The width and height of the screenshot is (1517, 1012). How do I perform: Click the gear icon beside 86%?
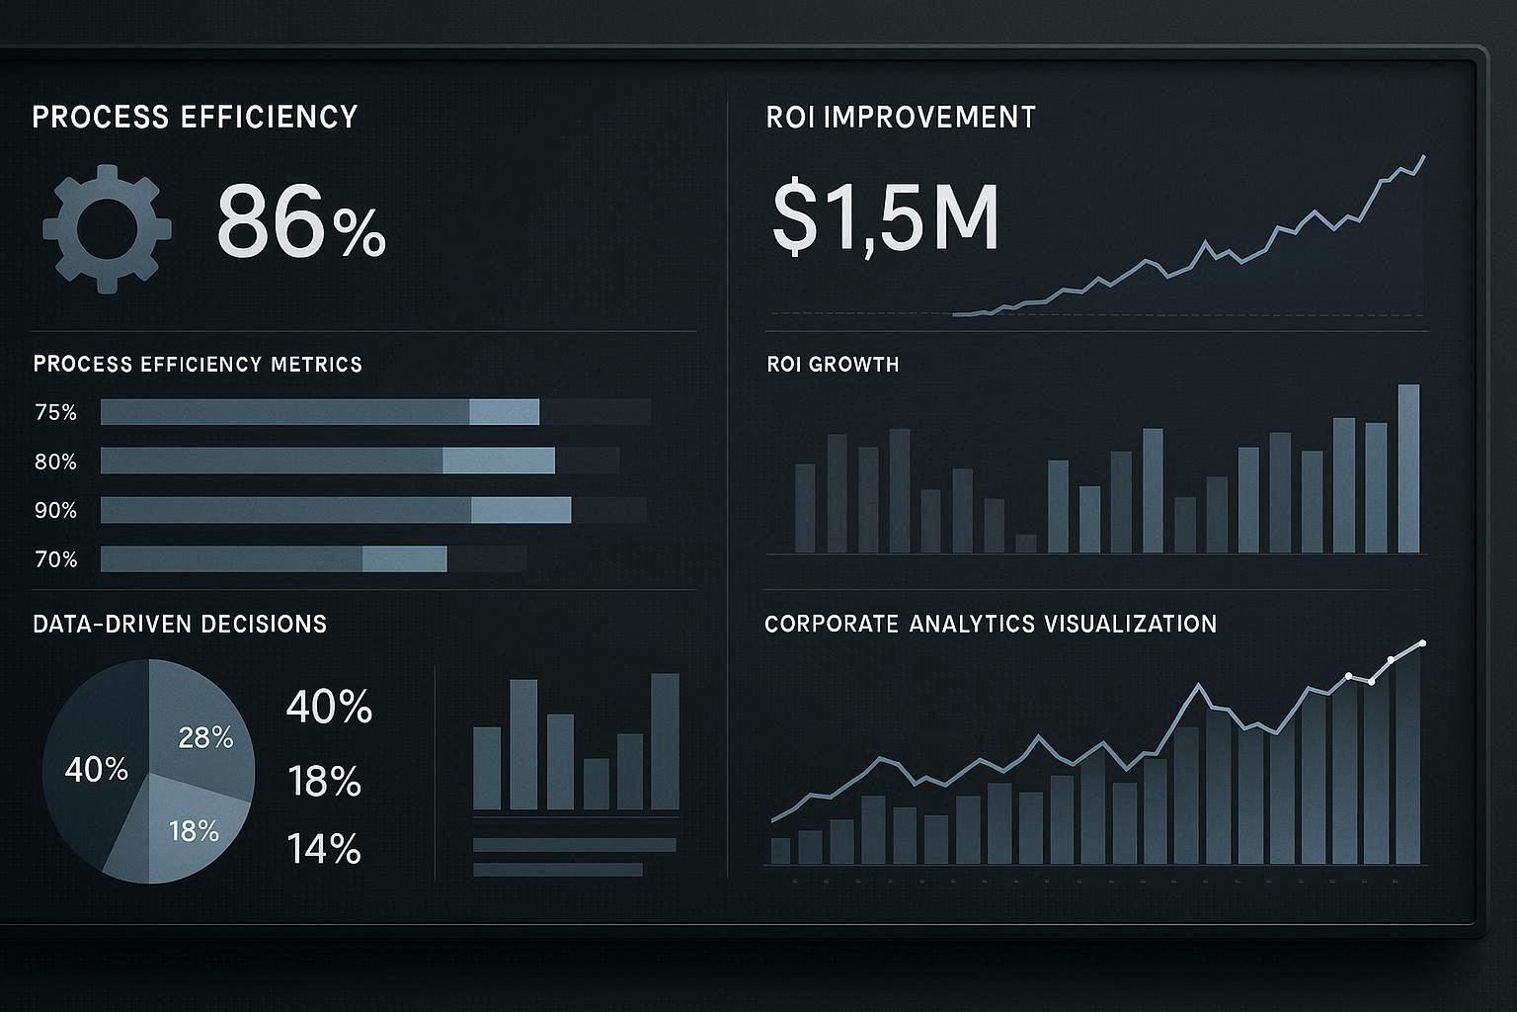[x=107, y=228]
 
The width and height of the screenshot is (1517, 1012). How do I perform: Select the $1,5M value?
[x=884, y=218]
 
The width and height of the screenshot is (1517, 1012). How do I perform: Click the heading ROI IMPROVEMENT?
[x=901, y=118]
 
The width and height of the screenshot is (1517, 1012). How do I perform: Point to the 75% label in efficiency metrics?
[x=55, y=412]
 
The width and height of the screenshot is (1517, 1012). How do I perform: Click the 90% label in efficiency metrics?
[x=55, y=510]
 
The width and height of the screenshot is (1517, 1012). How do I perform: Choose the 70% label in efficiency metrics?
[x=55, y=559]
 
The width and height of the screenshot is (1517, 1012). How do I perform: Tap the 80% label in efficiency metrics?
[x=55, y=462]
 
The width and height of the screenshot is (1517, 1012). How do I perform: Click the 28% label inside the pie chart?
[x=205, y=737]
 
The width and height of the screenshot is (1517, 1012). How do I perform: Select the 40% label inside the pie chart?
[x=96, y=769]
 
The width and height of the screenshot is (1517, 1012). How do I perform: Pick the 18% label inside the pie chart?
[x=194, y=830]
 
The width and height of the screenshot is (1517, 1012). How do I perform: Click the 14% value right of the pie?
[x=324, y=849]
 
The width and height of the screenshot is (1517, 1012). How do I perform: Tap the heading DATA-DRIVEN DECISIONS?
[x=180, y=624]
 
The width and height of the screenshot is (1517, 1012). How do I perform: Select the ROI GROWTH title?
[x=833, y=364]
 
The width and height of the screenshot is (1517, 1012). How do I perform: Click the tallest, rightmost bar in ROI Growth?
[x=1408, y=468]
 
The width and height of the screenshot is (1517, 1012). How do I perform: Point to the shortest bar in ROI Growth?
[x=1025, y=543]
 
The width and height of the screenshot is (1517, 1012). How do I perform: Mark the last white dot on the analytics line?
[x=1422, y=643]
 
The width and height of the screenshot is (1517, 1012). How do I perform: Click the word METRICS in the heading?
[x=316, y=364]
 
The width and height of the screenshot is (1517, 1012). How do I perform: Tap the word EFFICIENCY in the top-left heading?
[x=269, y=117]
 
